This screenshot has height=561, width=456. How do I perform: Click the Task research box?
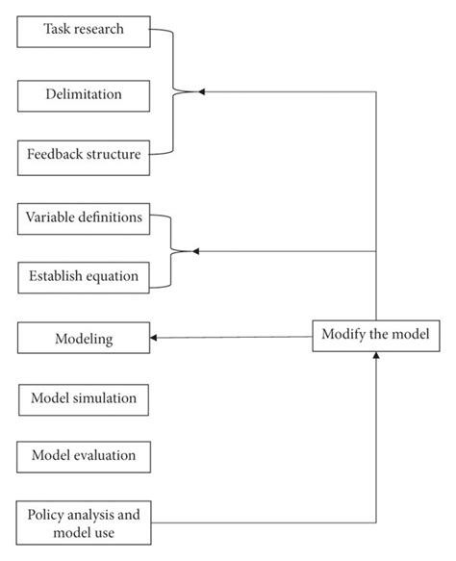coord(84,30)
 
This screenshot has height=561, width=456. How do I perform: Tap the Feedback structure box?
coord(84,155)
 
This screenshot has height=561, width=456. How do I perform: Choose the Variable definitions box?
coord(84,218)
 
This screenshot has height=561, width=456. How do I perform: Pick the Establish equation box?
coord(84,278)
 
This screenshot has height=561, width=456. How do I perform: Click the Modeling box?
coord(84,339)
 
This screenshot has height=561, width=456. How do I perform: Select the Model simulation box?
coord(84,397)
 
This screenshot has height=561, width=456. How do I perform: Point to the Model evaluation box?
coord(84,455)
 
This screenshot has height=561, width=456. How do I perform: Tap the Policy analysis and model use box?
coord(84,523)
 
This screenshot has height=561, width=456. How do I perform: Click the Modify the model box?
coord(376,334)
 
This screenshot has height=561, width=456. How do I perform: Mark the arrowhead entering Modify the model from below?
coord(376,356)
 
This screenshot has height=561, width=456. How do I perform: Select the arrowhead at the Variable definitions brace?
coord(196,251)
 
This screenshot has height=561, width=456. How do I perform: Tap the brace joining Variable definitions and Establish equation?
coord(171,251)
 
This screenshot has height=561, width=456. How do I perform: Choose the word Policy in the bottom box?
coord(49,514)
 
